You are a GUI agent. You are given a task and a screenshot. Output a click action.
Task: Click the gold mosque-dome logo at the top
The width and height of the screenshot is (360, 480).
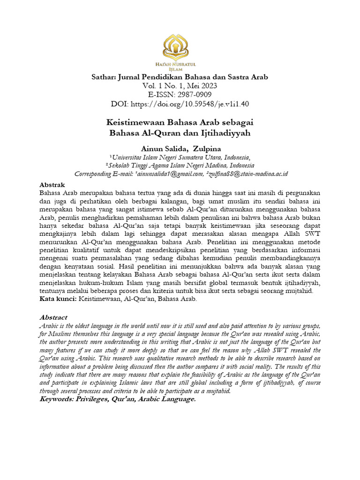coord(180,49)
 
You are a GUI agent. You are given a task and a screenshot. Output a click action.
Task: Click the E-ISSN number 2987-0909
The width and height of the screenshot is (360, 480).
coord(196,95)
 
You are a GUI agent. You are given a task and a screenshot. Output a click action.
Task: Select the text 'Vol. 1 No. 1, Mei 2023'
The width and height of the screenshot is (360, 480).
coord(180,86)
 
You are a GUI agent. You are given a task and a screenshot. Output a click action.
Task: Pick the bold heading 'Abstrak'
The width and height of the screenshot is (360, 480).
coord(52,185)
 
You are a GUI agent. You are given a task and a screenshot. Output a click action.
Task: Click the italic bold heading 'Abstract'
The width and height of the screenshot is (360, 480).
coord(53,317)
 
